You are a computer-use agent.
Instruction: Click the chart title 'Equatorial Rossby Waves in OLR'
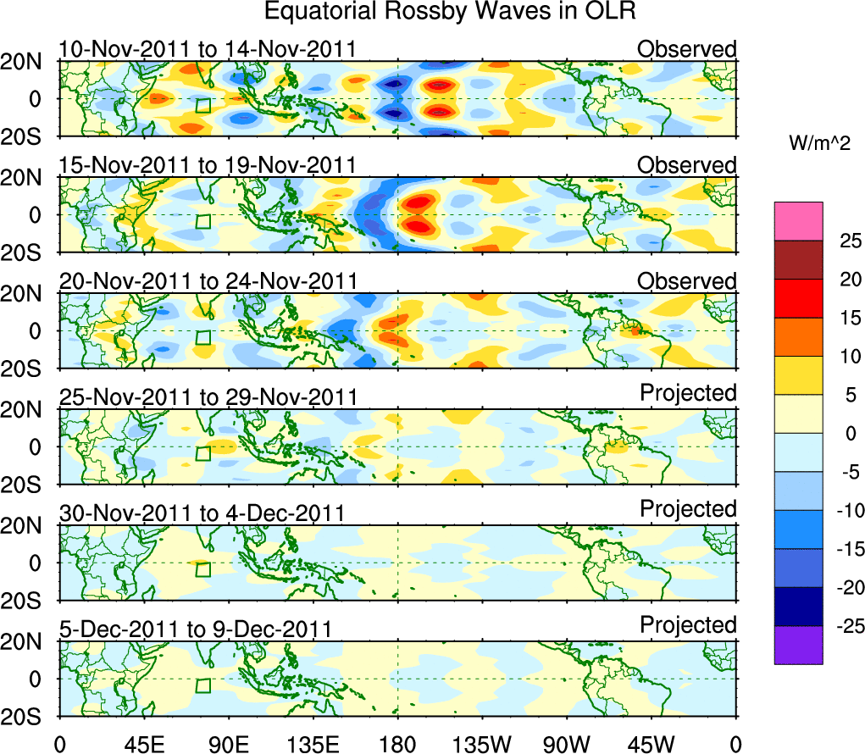click(x=450, y=12)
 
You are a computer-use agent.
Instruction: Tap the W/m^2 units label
click(x=818, y=144)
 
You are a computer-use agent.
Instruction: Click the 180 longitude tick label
click(x=397, y=743)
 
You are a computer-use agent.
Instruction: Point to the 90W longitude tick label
click(x=566, y=743)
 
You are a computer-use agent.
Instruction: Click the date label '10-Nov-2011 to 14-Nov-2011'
click(x=208, y=49)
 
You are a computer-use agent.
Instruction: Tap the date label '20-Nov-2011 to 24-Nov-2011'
click(x=208, y=281)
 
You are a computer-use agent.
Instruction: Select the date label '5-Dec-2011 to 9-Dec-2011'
click(x=195, y=629)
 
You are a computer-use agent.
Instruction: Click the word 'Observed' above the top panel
click(x=687, y=49)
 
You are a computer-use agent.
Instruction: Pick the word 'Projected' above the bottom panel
click(x=688, y=625)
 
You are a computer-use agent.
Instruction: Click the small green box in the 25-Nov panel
click(x=202, y=453)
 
